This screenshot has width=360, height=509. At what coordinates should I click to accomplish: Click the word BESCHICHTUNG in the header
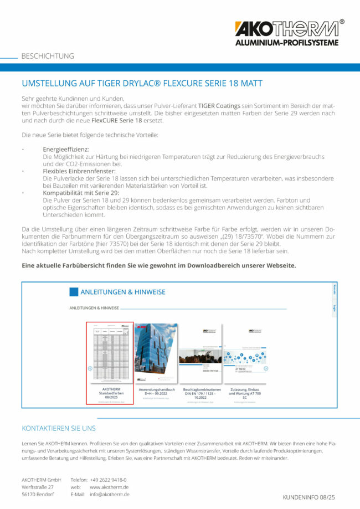point(48,56)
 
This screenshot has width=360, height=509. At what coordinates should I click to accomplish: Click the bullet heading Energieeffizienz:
point(65,150)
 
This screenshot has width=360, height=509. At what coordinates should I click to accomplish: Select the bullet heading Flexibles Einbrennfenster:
point(77,171)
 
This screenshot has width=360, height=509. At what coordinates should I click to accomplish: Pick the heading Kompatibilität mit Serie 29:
point(80,193)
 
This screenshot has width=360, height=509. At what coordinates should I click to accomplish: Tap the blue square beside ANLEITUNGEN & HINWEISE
point(74,292)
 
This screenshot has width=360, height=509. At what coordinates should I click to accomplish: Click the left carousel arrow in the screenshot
point(90,368)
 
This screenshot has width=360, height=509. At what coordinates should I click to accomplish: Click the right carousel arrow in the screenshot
point(266,368)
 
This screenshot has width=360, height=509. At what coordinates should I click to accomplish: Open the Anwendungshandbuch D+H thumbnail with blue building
point(156,353)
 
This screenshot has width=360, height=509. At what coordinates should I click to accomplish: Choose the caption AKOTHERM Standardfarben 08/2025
point(110,393)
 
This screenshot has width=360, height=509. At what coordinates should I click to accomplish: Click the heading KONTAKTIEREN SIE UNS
point(59,428)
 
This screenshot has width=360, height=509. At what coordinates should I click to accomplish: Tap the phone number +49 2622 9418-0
point(108,480)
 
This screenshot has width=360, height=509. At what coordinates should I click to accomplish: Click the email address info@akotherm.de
point(110,494)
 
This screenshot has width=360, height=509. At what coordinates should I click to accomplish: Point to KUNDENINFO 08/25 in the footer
point(313,497)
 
